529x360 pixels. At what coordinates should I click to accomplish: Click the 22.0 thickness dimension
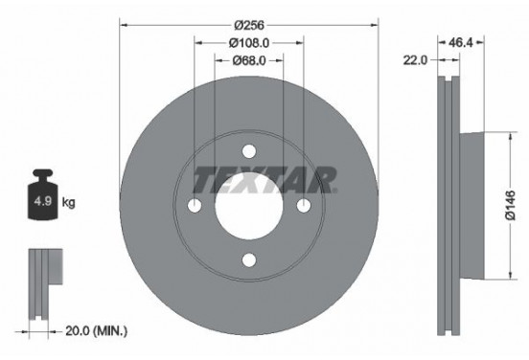coord(415,60)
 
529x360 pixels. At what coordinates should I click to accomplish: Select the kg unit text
coord(68,204)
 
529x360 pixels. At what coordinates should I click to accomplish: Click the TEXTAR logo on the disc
coord(264,179)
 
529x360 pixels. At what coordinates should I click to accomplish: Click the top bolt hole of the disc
coord(249,151)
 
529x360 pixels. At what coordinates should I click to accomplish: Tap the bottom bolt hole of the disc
coord(249,259)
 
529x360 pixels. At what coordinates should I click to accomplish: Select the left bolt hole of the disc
coord(195,206)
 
